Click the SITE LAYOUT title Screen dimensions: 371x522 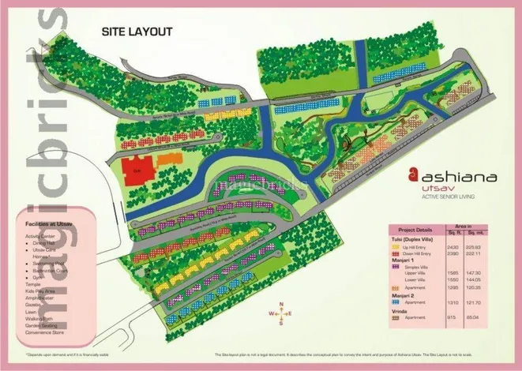[137, 32]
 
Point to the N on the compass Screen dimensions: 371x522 [280, 302]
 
